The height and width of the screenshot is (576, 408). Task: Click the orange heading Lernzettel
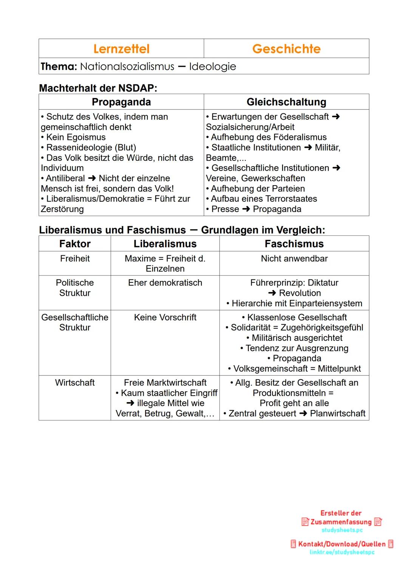point(121,49)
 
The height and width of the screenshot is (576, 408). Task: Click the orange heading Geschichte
point(286,49)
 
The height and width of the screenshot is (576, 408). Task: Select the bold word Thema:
point(59,66)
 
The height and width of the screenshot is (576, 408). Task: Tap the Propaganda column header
point(121,102)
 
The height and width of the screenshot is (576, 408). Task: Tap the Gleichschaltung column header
point(286,102)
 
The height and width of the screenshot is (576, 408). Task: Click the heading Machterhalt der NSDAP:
point(98,88)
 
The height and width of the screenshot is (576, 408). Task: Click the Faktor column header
point(75,244)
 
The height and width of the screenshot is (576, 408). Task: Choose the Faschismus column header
point(294,244)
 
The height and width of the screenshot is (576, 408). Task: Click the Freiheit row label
point(75,259)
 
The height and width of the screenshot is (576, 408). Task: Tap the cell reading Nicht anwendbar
point(294,259)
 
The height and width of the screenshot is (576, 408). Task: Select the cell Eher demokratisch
point(165,283)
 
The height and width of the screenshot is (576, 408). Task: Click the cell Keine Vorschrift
point(165,318)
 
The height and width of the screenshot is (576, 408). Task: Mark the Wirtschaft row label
point(75,383)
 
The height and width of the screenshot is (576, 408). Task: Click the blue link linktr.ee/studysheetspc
point(342,552)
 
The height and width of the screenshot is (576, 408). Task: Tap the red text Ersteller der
point(341,513)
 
